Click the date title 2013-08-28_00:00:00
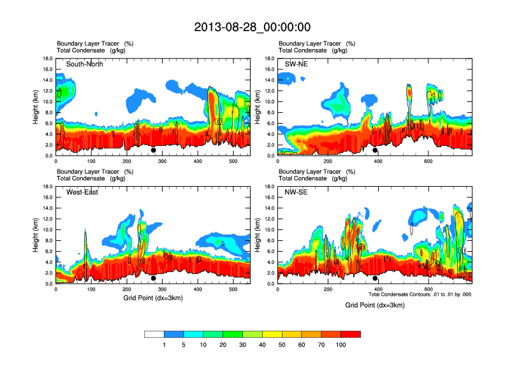pos(252,27)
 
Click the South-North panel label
pos(85,64)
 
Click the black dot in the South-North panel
pos(153,150)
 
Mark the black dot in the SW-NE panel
pos(375,150)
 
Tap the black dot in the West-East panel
pos(153,278)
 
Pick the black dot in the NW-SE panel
pos(375,278)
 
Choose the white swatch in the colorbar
pos(154,334)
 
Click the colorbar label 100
pos(340,345)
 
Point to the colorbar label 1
pos(165,345)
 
